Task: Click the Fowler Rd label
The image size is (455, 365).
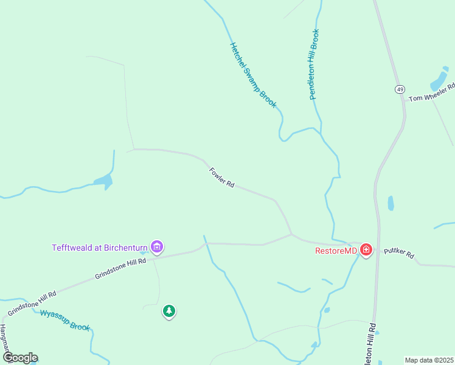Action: tap(221, 178)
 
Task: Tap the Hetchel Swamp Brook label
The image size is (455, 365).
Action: tap(253, 75)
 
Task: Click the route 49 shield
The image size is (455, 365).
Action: tap(400, 89)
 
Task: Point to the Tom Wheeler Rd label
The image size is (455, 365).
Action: tap(432, 94)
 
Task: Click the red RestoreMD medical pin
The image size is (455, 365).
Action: tap(366, 249)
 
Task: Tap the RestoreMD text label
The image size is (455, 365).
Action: tap(336, 250)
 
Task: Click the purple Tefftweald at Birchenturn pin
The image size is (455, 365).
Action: tap(158, 246)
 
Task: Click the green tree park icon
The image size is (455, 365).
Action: tap(168, 311)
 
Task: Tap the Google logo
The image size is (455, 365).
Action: tap(19, 358)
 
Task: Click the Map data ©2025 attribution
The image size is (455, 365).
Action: tap(429, 360)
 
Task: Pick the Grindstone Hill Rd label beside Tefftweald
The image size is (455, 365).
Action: tap(120, 269)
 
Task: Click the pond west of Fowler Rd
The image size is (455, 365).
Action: tap(104, 180)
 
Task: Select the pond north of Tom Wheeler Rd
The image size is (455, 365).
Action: tap(439, 80)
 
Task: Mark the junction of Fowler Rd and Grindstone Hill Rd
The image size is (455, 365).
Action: tap(292, 234)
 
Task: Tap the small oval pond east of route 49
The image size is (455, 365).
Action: tap(391, 203)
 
